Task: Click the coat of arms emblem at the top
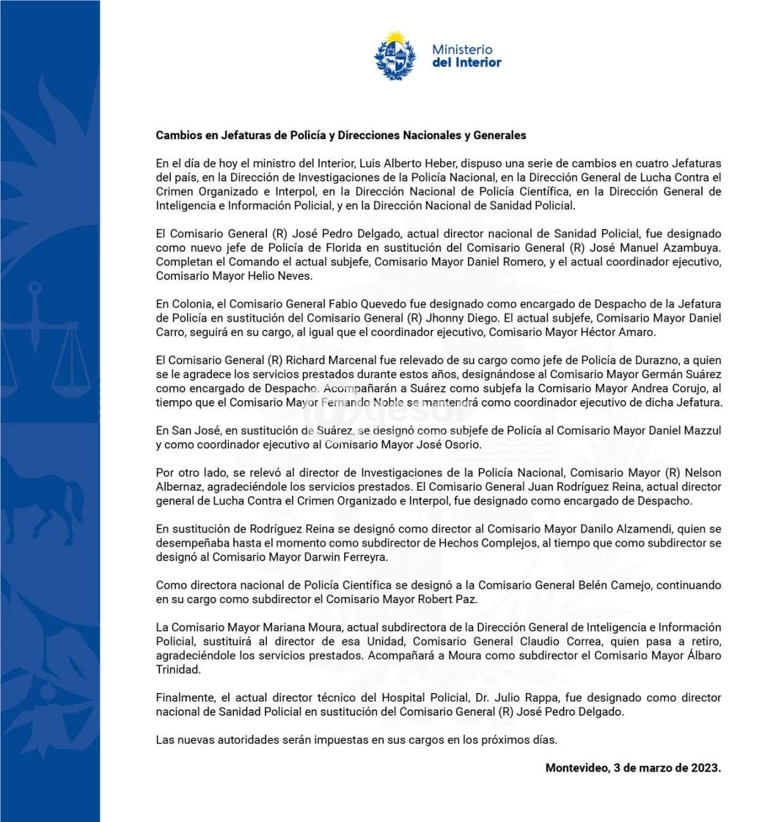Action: [x=395, y=55]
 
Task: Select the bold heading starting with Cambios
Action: [x=341, y=135]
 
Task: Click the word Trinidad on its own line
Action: [x=178, y=670]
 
